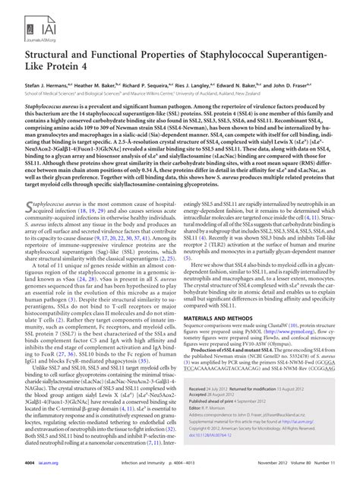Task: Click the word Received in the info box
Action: point(201,408)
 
